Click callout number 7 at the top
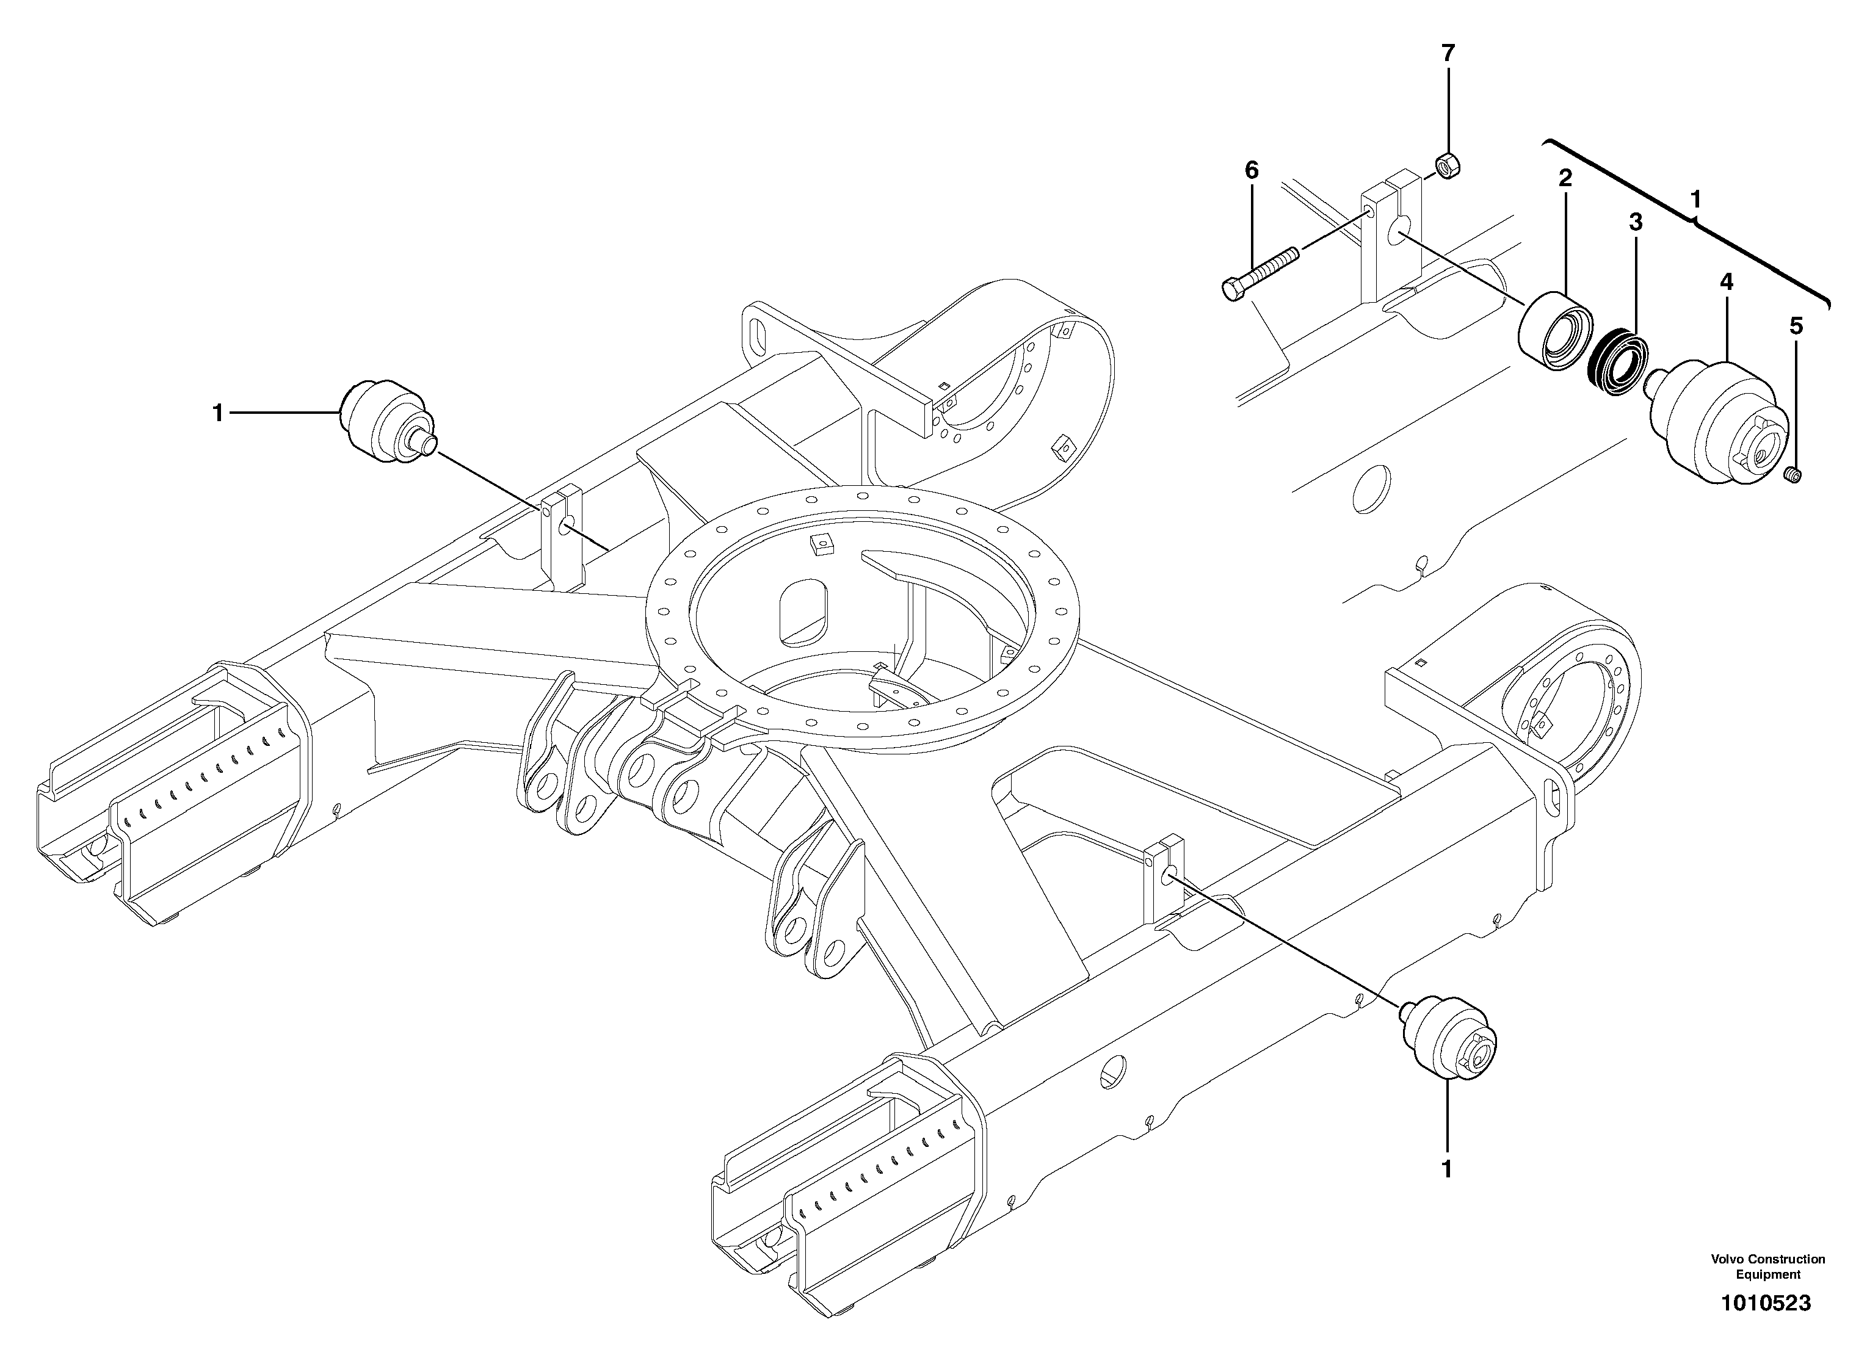coord(1448,54)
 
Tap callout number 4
coord(1726,283)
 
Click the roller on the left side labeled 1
coord(385,422)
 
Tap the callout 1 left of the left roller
coord(218,413)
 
